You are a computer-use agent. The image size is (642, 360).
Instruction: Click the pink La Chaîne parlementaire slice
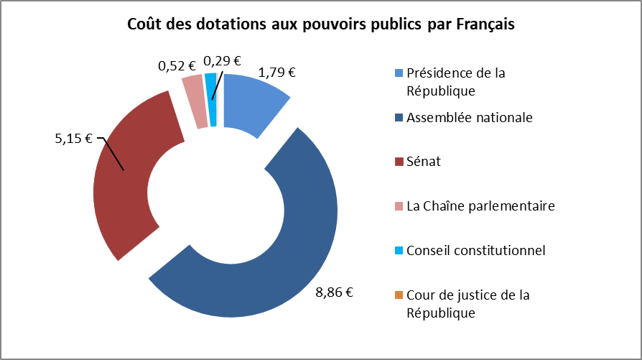coord(195,101)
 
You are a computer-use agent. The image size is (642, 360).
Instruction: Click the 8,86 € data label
coord(336,292)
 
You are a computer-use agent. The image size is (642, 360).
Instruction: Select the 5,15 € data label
coord(74,139)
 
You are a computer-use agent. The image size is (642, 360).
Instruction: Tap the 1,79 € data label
coord(277,72)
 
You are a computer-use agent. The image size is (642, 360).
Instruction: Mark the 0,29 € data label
coord(222,61)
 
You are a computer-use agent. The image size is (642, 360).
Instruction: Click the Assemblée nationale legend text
coord(469,117)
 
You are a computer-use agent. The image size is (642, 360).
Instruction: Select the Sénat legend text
coord(424,162)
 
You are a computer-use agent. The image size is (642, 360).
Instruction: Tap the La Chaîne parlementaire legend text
coord(480,206)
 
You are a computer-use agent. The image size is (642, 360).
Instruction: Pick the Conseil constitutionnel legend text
coord(475,251)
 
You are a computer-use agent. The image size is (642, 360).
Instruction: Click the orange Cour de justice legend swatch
coord(399,295)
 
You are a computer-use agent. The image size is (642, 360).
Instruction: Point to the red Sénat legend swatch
coord(399,162)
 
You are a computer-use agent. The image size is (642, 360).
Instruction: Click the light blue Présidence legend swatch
coord(399,73)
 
